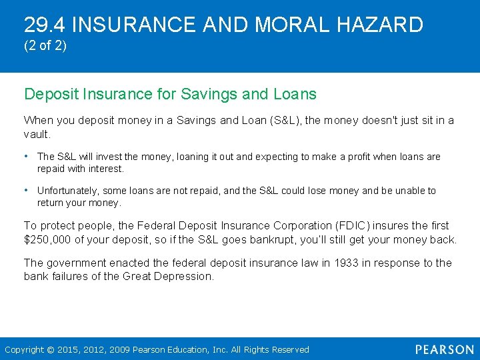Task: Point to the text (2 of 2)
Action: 45,48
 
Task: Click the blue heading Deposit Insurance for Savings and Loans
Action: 170,94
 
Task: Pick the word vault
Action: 37,134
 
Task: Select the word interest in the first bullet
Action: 105,169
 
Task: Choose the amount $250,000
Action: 49,240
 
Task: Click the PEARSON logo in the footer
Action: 445,349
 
